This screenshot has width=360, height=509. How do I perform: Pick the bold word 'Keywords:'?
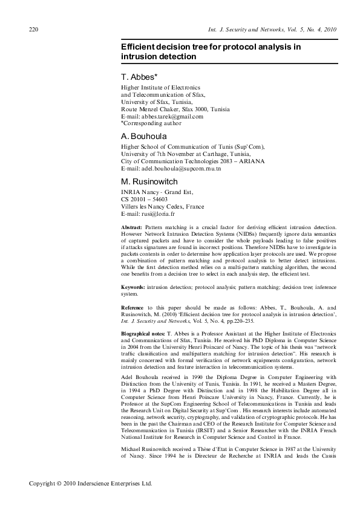click(x=134, y=287)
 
